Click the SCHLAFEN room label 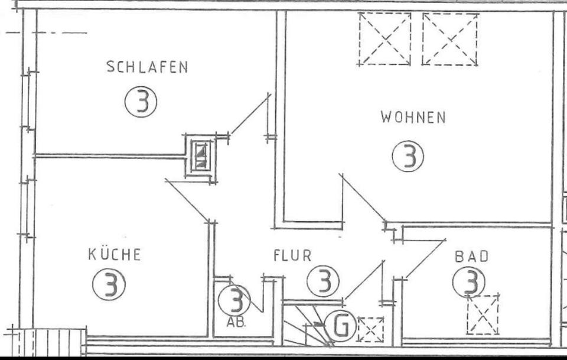click(147, 67)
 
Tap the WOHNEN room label click(413, 117)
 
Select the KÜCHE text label click(115, 255)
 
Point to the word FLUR click(292, 256)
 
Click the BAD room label click(472, 257)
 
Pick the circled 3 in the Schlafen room click(141, 102)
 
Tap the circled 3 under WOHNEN click(408, 157)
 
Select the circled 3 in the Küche click(109, 286)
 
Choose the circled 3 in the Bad click(469, 281)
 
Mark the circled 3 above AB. click(234, 300)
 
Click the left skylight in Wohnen click(384, 38)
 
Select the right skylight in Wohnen click(450, 38)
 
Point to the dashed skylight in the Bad click(483, 314)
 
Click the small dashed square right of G click(370, 329)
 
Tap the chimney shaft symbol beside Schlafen click(201, 155)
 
